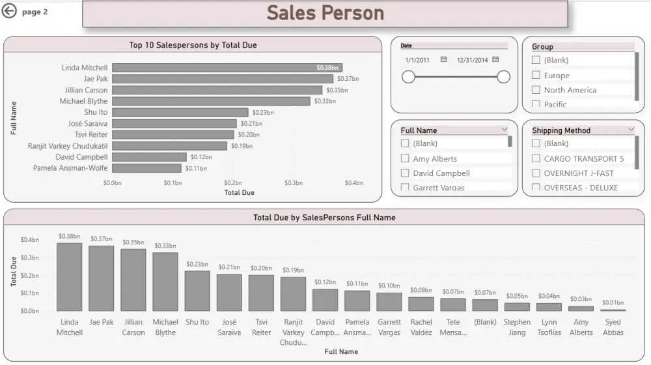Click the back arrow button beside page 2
point(9,11)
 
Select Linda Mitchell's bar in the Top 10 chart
point(227,68)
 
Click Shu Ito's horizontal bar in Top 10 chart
point(180,112)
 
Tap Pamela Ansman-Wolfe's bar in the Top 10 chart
point(146,168)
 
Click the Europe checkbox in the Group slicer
point(536,75)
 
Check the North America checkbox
point(536,90)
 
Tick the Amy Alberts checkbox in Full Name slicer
point(405,158)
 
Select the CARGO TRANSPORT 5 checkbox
point(536,158)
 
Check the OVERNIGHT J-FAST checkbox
point(536,173)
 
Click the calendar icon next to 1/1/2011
point(444,59)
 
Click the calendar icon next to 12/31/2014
point(495,59)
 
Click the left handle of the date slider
point(408,77)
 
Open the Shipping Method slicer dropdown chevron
point(631,130)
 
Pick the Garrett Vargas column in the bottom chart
point(389,301)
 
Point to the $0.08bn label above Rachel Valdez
point(421,290)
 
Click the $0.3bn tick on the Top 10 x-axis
point(294,183)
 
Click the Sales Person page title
point(325,13)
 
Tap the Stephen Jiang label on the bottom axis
point(517,327)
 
